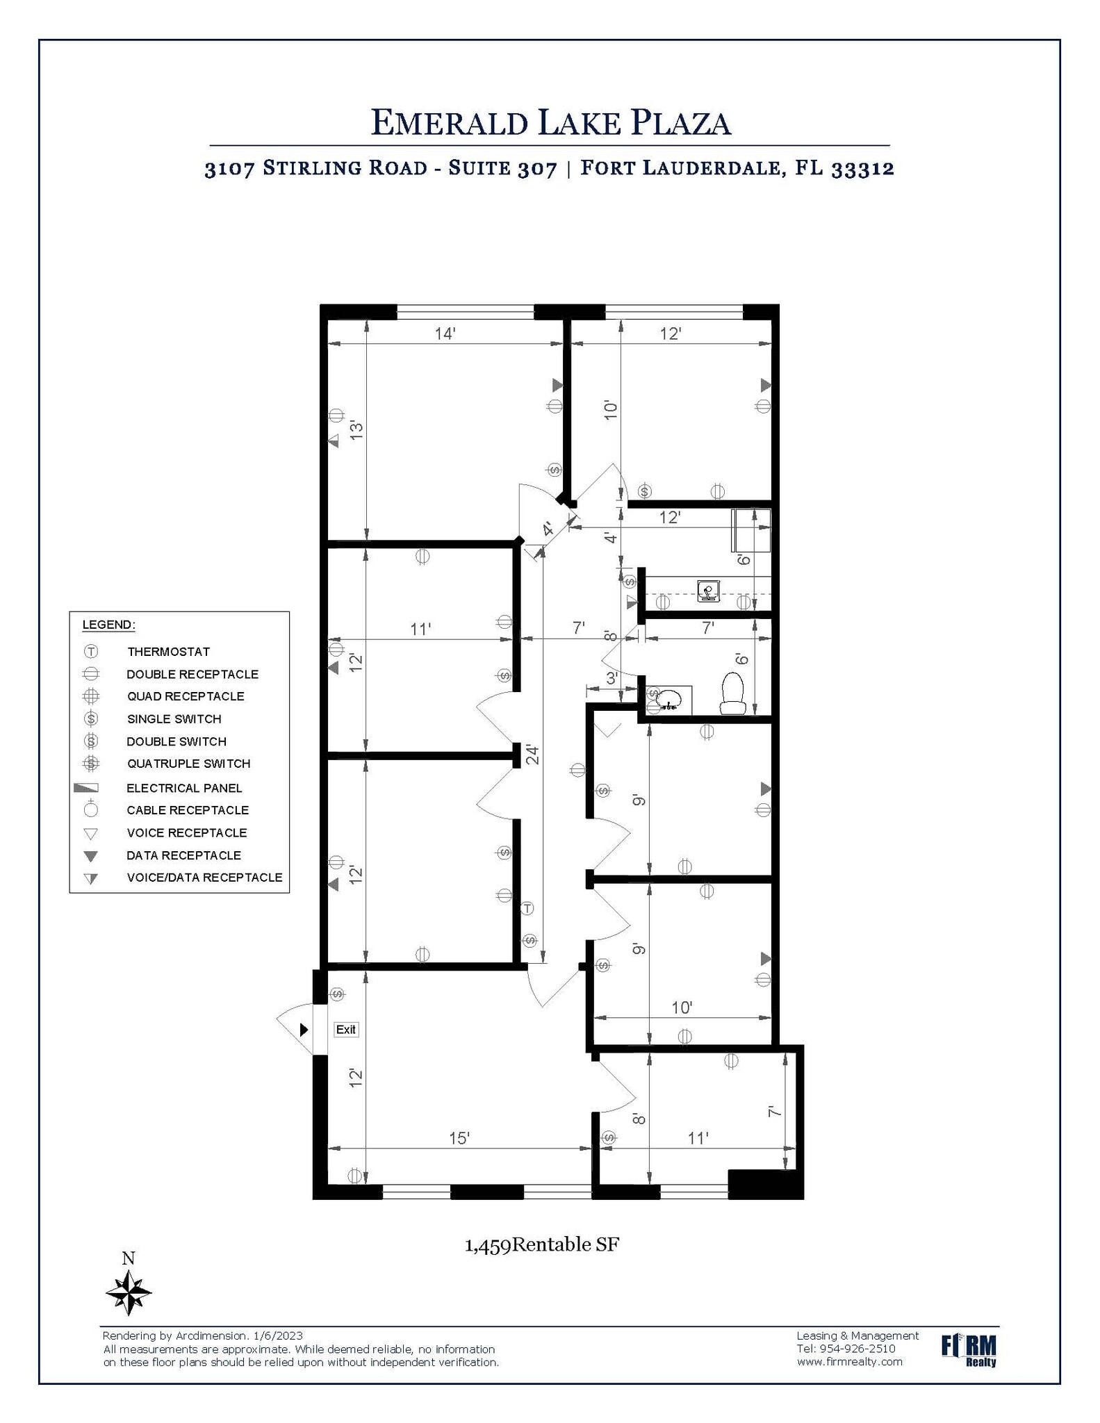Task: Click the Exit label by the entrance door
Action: [x=345, y=1029]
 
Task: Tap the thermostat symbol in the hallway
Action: [x=527, y=908]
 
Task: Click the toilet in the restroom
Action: [x=732, y=693]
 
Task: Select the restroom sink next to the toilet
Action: [x=668, y=698]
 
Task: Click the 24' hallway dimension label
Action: [x=533, y=755]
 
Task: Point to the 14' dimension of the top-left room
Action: [x=445, y=334]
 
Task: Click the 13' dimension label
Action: [x=356, y=429]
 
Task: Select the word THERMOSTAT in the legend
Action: [x=168, y=652]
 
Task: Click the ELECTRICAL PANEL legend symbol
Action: [x=86, y=788]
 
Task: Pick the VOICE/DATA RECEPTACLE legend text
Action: [x=204, y=878]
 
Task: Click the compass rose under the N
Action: [x=129, y=1292]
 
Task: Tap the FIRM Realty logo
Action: [x=969, y=1350]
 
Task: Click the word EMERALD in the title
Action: [x=449, y=123]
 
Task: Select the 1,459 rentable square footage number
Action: [x=487, y=1244]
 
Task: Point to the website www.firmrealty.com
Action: [x=849, y=1361]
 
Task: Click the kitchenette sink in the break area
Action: [x=709, y=591]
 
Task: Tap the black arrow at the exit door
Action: [x=304, y=1029]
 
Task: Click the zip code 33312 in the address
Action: [x=862, y=169]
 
